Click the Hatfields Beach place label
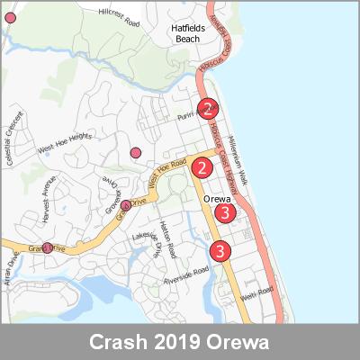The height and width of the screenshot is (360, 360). (190, 33)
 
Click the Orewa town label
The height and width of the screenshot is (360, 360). (219, 199)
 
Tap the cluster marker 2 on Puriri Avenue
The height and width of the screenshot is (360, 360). (208, 110)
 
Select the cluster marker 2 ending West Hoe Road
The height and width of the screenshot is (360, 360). (202, 166)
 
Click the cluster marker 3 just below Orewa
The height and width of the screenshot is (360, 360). (225, 213)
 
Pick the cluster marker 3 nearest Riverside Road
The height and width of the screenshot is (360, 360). (219, 251)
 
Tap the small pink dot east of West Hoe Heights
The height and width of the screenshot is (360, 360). (136, 152)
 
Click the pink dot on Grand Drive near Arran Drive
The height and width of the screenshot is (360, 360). (47, 247)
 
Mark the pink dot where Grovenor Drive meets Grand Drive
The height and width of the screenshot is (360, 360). (126, 205)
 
